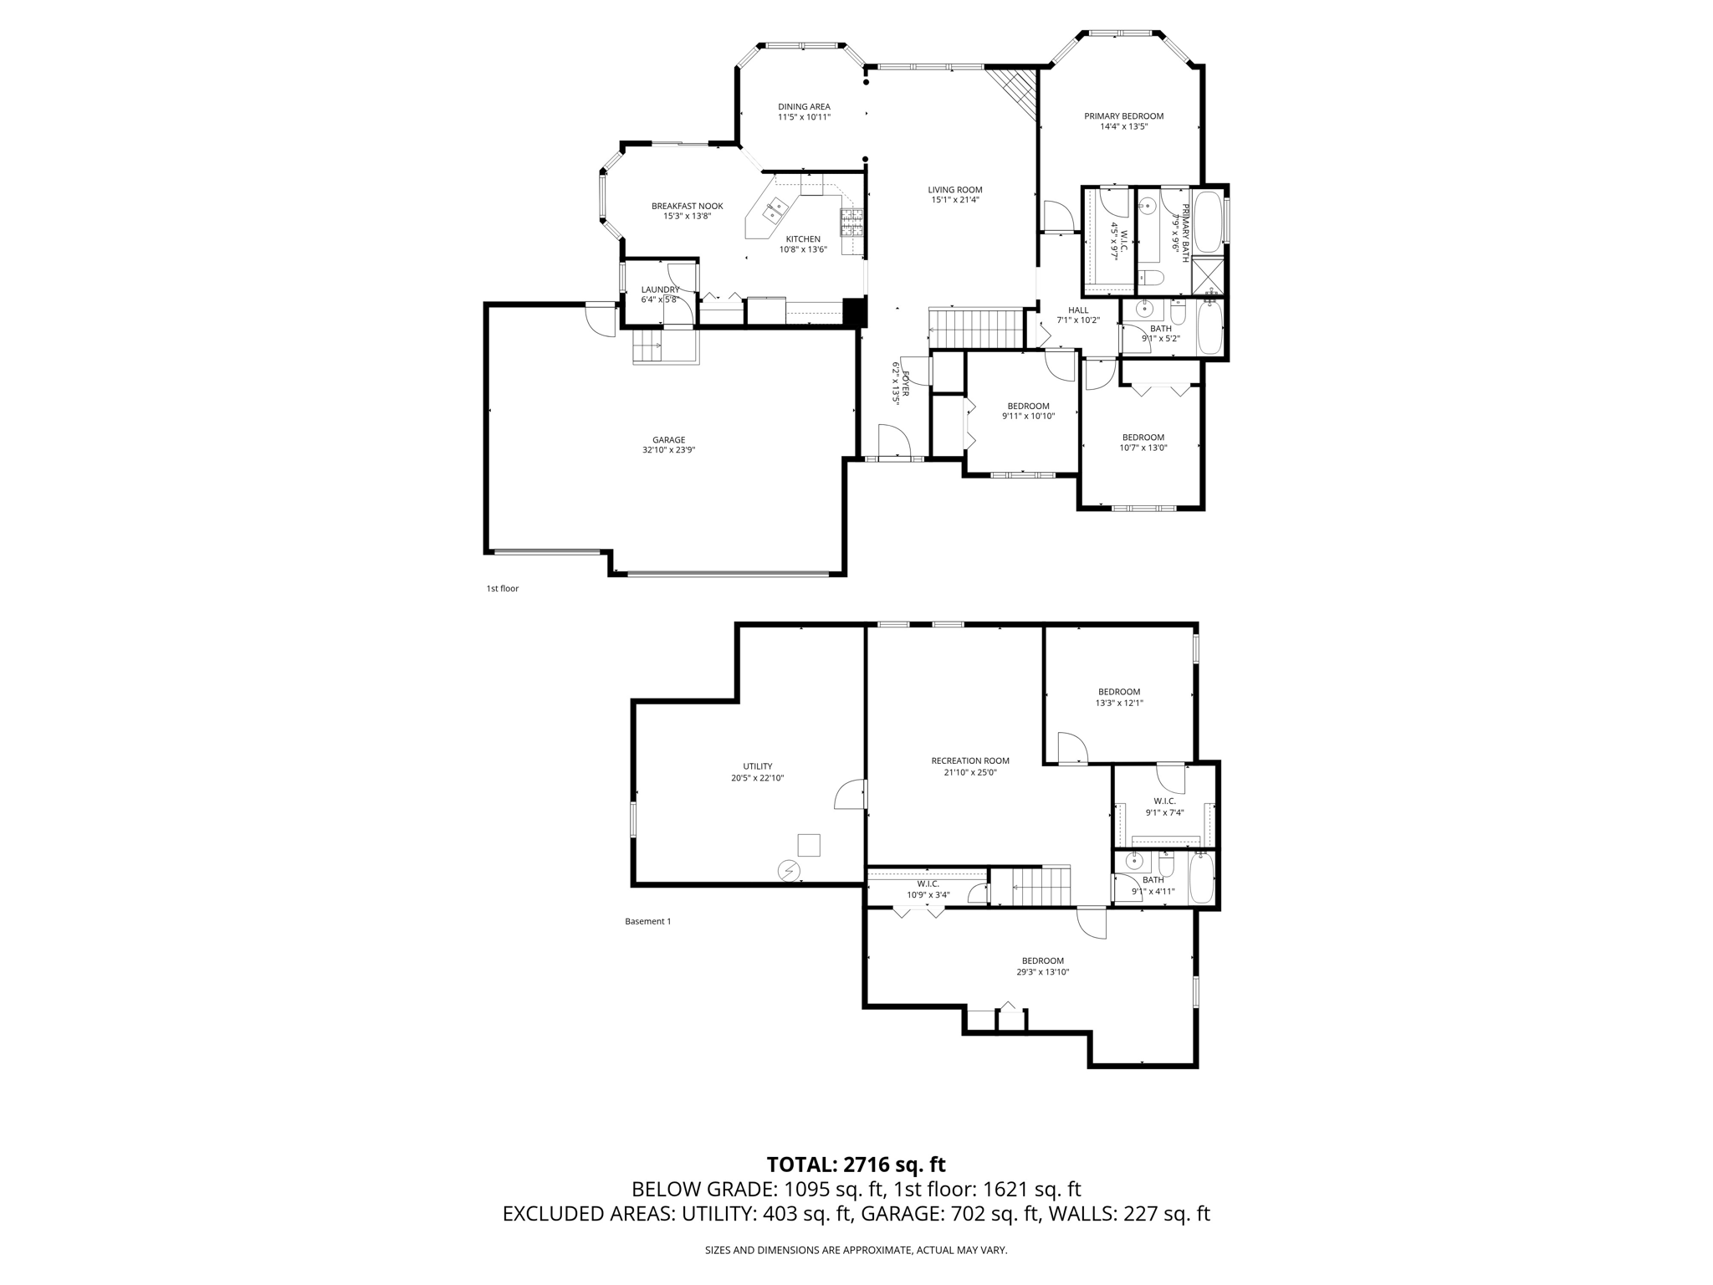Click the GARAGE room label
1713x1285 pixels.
[668, 440]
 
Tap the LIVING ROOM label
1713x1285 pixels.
[954, 190]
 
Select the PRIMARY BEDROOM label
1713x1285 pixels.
[1123, 116]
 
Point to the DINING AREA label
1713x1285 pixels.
[804, 107]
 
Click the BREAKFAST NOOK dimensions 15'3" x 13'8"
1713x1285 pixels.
[687, 216]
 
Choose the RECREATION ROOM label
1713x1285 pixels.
[970, 760]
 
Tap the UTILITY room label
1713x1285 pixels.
[758, 766]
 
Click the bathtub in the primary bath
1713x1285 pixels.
[1207, 222]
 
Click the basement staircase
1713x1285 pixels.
[1041, 886]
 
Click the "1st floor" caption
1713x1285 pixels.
[503, 588]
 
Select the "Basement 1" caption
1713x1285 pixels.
[647, 921]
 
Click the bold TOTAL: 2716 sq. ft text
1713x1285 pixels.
[856, 1164]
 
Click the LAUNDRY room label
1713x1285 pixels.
[660, 289]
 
